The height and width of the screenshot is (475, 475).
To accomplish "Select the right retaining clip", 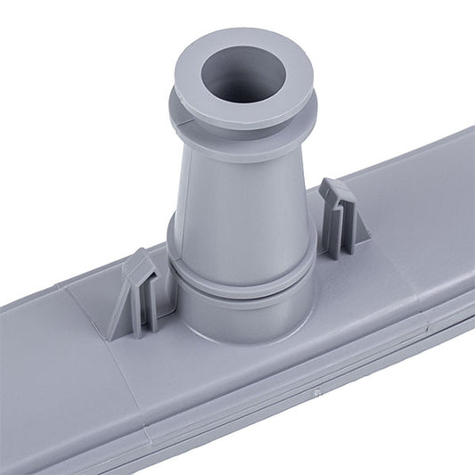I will click(x=342, y=218).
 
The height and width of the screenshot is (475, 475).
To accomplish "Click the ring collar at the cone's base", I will click(x=241, y=272).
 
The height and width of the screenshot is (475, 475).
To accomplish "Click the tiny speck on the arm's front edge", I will click(x=315, y=391).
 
